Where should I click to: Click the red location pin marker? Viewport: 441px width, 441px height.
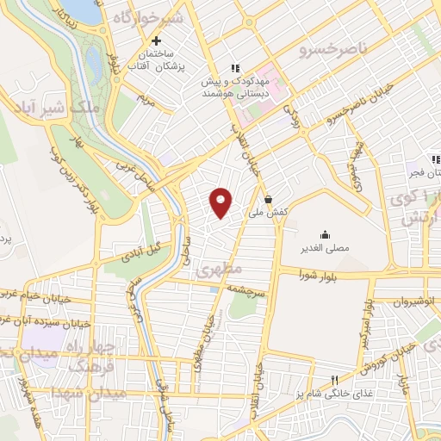[x=221, y=202]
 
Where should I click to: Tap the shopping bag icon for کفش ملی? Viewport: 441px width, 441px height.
[x=269, y=197]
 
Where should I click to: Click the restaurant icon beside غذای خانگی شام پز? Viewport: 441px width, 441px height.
[x=335, y=381]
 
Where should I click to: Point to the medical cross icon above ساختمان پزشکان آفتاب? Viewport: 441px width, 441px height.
[x=156, y=40]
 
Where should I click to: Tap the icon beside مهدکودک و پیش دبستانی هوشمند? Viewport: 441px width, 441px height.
[x=233, y=68]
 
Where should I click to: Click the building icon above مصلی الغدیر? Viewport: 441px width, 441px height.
[x=325, y=234]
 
